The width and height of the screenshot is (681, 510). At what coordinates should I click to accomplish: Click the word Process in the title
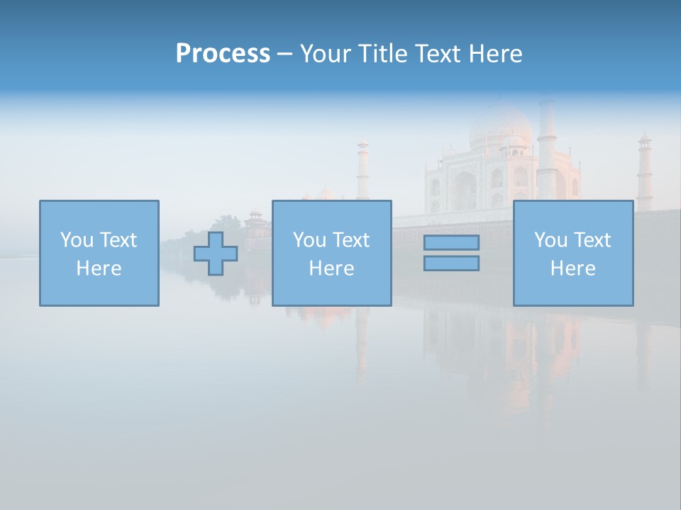[223, 54]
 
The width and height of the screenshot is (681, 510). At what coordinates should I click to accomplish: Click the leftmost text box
[99, 253]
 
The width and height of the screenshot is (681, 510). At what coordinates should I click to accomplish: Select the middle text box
[331, 253]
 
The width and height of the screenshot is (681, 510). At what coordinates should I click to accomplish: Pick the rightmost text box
[572, 253]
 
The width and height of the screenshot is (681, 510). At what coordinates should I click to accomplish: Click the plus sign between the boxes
[216, 253]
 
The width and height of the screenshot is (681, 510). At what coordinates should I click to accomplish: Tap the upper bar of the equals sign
[451, 242]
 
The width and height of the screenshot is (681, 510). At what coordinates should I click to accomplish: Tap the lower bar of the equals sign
[451, 263]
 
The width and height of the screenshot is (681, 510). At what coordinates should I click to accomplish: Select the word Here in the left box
[99, 268]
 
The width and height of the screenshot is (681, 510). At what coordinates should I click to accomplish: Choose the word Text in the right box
[594, 240]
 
